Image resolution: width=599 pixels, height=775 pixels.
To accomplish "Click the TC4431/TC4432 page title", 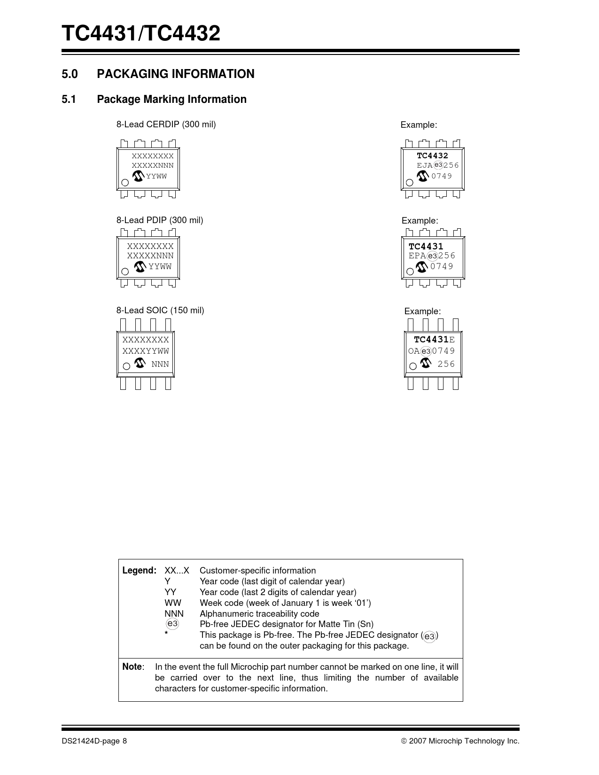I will tap(141, 34).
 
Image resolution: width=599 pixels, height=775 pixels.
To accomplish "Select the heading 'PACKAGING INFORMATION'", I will tap(175, 74).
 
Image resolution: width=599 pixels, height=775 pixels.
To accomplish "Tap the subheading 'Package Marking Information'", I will tap(171, 99).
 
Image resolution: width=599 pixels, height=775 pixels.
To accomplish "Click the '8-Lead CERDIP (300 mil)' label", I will tap(166, 124).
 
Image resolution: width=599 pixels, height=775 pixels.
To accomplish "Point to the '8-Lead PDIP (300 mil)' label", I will tap(160, 220).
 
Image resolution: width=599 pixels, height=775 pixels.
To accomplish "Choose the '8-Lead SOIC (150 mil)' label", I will tap(160, 310).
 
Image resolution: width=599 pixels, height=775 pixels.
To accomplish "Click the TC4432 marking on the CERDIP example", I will tap(432, 156).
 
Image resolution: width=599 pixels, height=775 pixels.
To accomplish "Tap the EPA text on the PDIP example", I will tap(417, 256).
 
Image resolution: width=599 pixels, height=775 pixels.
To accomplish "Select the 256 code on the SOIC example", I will tap(446, 364).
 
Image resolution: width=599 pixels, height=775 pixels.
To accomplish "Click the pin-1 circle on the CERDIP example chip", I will tap(409, 183).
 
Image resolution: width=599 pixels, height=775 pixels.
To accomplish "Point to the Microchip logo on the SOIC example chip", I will tap(426, 363).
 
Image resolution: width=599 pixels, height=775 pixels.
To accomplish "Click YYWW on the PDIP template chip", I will tap(160, 267).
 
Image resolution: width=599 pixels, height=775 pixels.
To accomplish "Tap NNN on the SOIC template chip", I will tap(160, 364).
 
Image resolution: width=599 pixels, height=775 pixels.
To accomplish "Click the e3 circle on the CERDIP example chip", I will tap(438, 165).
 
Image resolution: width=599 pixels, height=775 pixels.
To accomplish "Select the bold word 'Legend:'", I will tap(139, 571).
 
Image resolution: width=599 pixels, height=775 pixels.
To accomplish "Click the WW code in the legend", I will tap(172, 603).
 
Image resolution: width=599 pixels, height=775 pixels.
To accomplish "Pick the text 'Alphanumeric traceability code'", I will tap(259, 614).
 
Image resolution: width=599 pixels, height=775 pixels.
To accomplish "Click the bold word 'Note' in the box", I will tap(132, 667).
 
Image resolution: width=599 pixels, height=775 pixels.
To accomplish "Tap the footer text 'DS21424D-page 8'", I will tap(94, 741).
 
